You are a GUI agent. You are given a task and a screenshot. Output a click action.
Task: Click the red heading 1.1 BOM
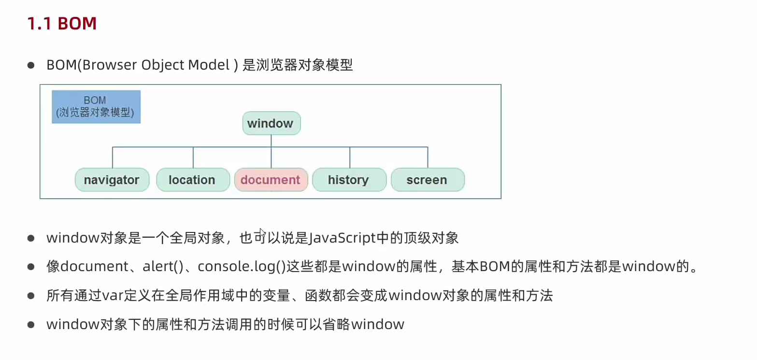click(62, 24)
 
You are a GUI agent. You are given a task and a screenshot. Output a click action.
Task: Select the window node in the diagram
click(271, 123)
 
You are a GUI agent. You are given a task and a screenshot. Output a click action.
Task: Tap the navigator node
click(112, 180)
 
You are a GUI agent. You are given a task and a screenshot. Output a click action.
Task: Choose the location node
click(193, 180)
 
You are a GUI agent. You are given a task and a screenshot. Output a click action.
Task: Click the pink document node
click(271, 180)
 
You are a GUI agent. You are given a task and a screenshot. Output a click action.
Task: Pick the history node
click(349, 180)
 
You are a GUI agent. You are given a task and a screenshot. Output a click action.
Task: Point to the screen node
click(428, 180)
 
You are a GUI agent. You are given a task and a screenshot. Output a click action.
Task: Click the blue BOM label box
click(96, 107)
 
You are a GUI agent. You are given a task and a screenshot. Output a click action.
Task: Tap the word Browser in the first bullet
click(109, 65)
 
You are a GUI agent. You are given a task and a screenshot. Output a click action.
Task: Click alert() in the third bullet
click(163, 267)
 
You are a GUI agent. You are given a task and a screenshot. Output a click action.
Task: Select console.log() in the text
click(242, 267)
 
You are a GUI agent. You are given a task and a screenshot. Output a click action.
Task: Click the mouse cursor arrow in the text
click(263, 233)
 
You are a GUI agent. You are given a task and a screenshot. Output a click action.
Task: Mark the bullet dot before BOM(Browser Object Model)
click(31, 65)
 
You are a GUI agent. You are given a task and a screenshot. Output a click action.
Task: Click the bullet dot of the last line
click(31, 325)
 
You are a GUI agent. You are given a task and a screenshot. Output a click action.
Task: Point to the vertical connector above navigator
click(113, 158)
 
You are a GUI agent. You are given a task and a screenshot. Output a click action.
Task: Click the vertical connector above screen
click(428, 158)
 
